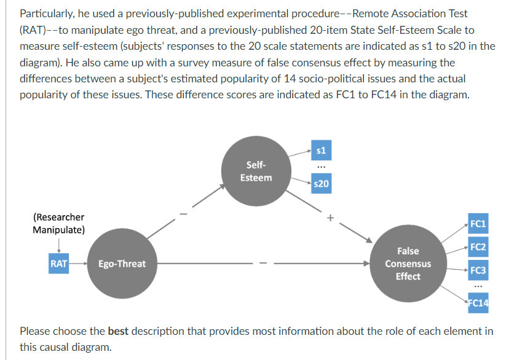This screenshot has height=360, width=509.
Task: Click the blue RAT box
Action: (59, 264)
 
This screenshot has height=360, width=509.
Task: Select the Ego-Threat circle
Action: (122, 264)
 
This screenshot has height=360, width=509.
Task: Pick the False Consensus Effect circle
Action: (408, 264)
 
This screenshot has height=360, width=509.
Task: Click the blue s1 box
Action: (320, 149)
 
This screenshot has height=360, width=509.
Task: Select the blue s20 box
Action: (320, 184)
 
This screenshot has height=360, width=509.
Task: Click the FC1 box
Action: (477, 224)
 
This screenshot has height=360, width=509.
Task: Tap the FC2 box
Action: (477, 247)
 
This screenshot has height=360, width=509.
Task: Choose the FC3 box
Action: (477, 270)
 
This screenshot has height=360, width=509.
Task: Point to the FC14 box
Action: (477, 302)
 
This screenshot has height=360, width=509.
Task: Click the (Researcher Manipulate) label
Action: (58, 224)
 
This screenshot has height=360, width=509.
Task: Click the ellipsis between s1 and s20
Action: (320, 167)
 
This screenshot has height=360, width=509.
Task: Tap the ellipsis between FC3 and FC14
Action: (477, 286)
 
